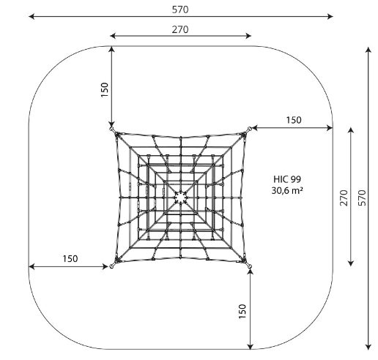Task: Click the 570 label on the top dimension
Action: pos(180,10)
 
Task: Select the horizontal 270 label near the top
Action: pos(180,29)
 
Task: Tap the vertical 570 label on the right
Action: pos(363,198)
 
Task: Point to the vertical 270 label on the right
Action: pos(344,198)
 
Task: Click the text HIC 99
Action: pos(287,179)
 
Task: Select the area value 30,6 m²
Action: pos(287,190)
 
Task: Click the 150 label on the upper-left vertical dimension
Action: pos(105,90)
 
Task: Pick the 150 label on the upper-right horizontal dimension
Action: pos(294,120)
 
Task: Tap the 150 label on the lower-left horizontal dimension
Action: pos(70,259)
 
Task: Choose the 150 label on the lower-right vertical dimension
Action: pos(242,312)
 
